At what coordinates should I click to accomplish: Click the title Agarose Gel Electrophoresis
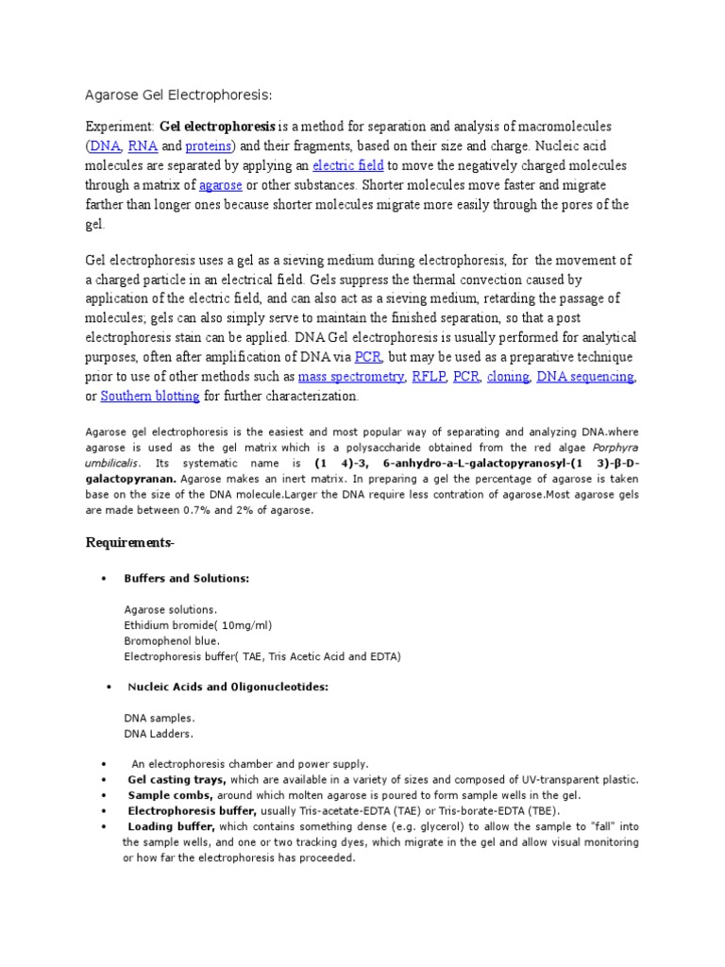[x=178, y=94]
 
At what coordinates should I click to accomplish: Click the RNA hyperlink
[x=143, y=146]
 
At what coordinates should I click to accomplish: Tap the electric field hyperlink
[x=347, y=165]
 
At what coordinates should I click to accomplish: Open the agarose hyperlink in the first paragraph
[x=221, y=185]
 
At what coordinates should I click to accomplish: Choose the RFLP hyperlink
[x=429, y=377]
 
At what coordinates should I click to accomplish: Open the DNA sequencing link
[x=585, y=377]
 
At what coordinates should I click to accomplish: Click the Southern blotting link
[x=150, y=396]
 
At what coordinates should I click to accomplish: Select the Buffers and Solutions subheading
[x=187, y=578]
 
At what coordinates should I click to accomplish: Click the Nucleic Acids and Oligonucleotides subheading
[x=227, y=687]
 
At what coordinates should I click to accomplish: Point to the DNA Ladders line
[x=160, y=733]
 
